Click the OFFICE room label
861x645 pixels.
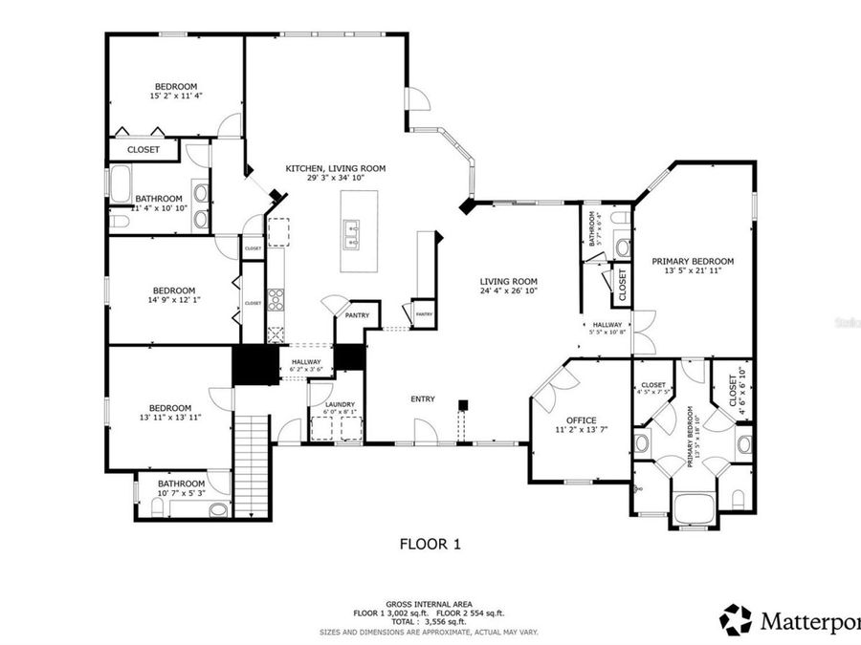pos(581,420)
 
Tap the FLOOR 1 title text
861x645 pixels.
pos(430,545)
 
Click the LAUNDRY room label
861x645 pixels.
pos(340,404)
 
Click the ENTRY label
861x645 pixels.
pos(423,398)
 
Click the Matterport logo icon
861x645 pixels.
pos(736,620)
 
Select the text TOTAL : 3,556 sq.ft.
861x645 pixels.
pos(430,622)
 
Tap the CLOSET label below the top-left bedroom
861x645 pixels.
pos(143,150)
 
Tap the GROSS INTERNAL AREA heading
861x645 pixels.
pos(430,604)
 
